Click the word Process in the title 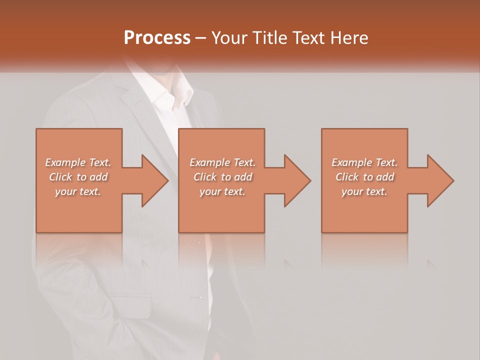point(157,38)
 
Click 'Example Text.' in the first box point(78,162)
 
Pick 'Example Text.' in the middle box point(222,162)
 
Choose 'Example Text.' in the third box point(364,162)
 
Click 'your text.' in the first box point(78,191)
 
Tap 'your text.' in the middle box point(222,191)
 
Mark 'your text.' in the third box point(364,191)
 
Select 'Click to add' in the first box point(78,177)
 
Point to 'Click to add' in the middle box point(222,177)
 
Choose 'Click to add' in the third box point(364,177)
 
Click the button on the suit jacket point(200,297)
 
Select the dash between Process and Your point(201,38)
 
